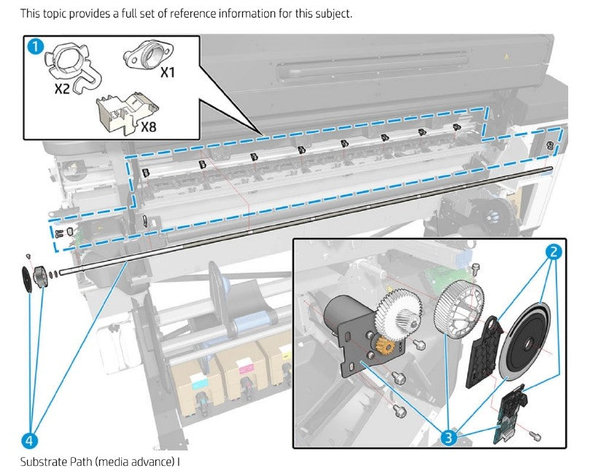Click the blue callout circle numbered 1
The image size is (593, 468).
coord(35,47)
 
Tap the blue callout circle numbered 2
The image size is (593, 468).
coord(554,253)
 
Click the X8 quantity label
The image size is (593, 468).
coord(148,126)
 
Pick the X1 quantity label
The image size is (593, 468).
coord(167,72)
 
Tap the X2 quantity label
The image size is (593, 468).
coord(63,90)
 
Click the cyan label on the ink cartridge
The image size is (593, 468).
coord(199,383)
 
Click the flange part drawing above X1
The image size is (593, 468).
coord(148,55)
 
